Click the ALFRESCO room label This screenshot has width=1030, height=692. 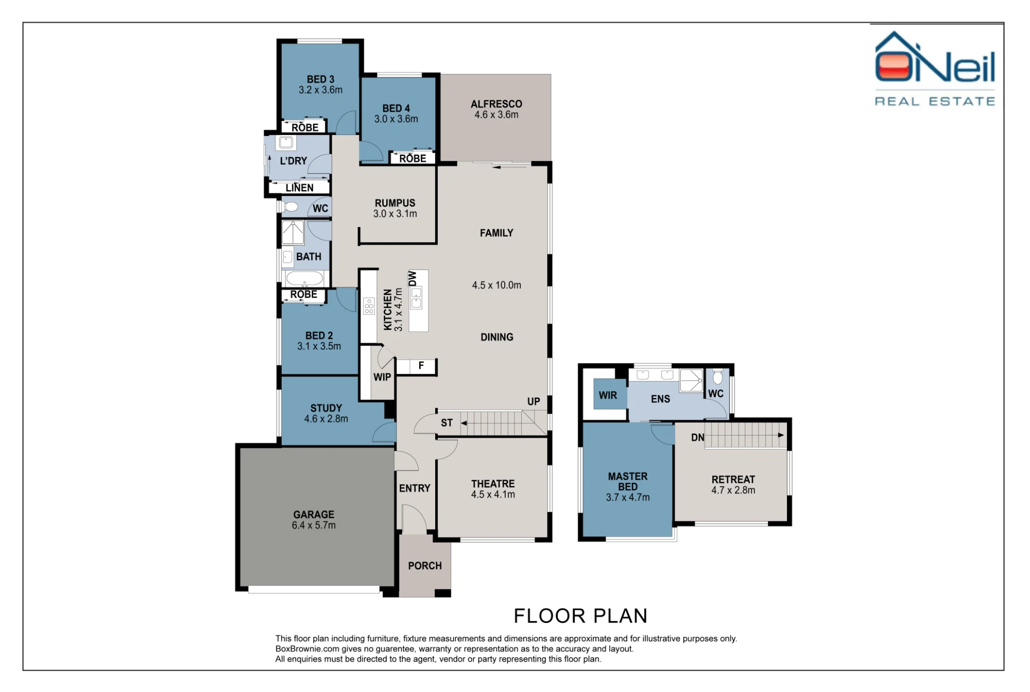click(496, 104)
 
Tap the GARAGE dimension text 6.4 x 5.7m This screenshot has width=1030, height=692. click(314, 526)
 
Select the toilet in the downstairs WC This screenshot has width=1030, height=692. click(290, 207)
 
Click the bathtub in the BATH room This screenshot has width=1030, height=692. click(305, 279)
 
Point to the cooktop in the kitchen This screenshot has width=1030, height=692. click(369, 306)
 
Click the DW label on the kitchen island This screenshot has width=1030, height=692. click(413, 279)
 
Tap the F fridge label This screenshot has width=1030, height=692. click(421, 366)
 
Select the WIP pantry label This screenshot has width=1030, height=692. click(382, 377)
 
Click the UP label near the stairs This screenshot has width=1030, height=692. click(534, 402)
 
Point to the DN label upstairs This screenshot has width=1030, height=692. click(698, 438)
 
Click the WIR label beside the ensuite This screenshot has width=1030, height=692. click(608, 395)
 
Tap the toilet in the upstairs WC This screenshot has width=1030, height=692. click(717, 377)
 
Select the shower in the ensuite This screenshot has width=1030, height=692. click(691, 380)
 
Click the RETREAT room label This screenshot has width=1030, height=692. click(733, 479)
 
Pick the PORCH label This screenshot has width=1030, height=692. click(425, 566)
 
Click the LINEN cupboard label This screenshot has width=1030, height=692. click(299, 188)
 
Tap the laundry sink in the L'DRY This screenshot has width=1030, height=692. click(286, 143)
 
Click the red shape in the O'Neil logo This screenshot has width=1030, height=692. click(894, 67)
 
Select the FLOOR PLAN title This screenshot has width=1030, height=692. click(580, 616)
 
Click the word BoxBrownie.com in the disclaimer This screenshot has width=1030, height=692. click(307, 649)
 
